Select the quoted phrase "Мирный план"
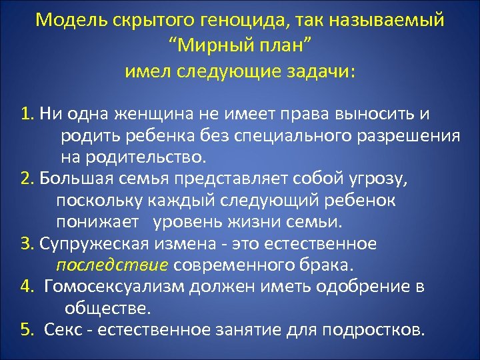[240, 45]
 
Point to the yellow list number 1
[27, 115]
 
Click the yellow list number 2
[27, 179]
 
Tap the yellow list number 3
[27, 244]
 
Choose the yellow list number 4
[27, 287]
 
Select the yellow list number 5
[27, 330]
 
